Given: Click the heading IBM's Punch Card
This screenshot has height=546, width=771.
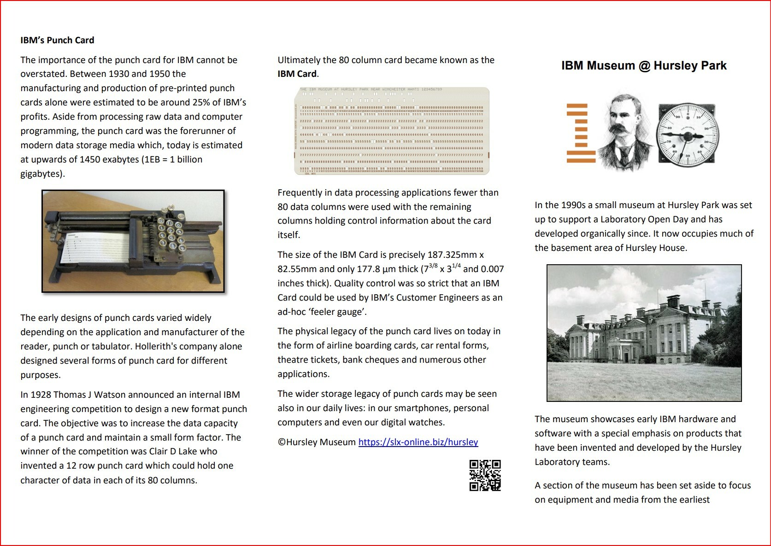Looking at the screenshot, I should pyautogui.click(x=57, y=41).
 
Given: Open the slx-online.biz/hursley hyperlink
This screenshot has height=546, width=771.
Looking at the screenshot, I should pyautogui.click(x=418, y=442).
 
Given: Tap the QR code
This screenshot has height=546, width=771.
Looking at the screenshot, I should pyautogui.click(x=485, y=475).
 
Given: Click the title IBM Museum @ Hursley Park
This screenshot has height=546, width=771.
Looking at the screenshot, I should pyautogui.click(x=643, y=66).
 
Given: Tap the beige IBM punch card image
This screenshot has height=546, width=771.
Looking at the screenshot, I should pyautogui.click(x=392, y=131).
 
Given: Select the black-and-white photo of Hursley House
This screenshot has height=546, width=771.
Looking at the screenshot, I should pyautogui.click(x=644, y=333).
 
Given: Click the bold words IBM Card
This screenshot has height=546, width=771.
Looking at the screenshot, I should pyautogui.click(x=297, y=74).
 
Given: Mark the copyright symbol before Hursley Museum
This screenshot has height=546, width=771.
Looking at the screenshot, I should pyautogui.click(x=282, y=442).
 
